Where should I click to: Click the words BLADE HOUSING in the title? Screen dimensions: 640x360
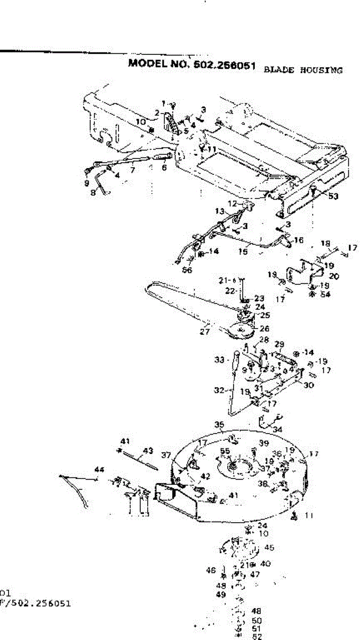click(303, 70)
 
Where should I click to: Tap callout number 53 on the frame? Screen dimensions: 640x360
click(333, 196)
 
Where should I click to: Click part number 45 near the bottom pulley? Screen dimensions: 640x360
click(269, 547)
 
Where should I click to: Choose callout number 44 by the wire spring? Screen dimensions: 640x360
click(99, 469)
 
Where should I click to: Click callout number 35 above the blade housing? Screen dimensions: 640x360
click(219, 425)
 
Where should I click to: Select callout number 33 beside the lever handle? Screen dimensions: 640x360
click(219, 360)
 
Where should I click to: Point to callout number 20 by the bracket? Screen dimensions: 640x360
click(334, 276)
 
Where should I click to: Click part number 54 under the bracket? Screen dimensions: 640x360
click(324, 294)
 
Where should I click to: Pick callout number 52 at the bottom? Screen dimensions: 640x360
click(257, 636)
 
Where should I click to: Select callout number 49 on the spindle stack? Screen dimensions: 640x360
click(221, 594)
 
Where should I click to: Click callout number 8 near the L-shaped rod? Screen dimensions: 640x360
click(93, 193)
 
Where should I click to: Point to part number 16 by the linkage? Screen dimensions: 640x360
click(299, 241)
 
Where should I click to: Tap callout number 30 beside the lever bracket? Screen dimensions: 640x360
click(308, 385)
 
